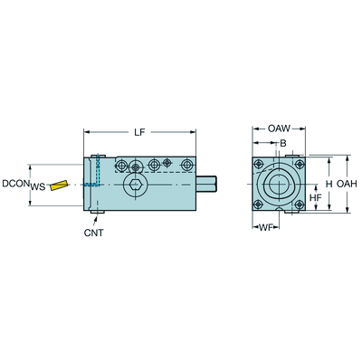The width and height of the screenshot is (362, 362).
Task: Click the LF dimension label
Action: click(139, 132)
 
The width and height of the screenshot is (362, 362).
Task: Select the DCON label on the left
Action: click(15, 184)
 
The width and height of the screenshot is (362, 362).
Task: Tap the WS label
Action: click(38, 187)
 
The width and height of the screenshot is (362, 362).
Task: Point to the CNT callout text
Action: click(93, 233)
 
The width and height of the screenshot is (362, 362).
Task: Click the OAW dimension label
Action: click(279, 129)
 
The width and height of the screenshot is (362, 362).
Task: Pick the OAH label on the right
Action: click(347, 184)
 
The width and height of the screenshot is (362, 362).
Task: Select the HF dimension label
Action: click(316, 197)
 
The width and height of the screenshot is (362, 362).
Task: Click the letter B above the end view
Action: click(283, 143)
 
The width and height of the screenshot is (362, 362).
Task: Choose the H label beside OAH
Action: click(329, 184)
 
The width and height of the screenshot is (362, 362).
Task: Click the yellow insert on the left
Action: click(59, 186)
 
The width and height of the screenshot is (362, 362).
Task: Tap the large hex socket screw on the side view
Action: click(134, 184)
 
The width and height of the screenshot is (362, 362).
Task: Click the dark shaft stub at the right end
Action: click(206, 184)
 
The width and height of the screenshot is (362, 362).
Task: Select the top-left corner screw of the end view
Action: click(258, 165)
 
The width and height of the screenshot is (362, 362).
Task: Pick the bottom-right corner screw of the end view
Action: click(299, 205)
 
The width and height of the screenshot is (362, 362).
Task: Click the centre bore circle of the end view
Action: click(279, 184)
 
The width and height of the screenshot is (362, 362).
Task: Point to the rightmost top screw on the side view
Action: click(187, 165)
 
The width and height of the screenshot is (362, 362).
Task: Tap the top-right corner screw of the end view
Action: click(299, 165)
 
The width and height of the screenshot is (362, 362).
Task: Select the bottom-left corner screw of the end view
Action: click(258, 205)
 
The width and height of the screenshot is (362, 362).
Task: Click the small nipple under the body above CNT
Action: click(97, 213)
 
